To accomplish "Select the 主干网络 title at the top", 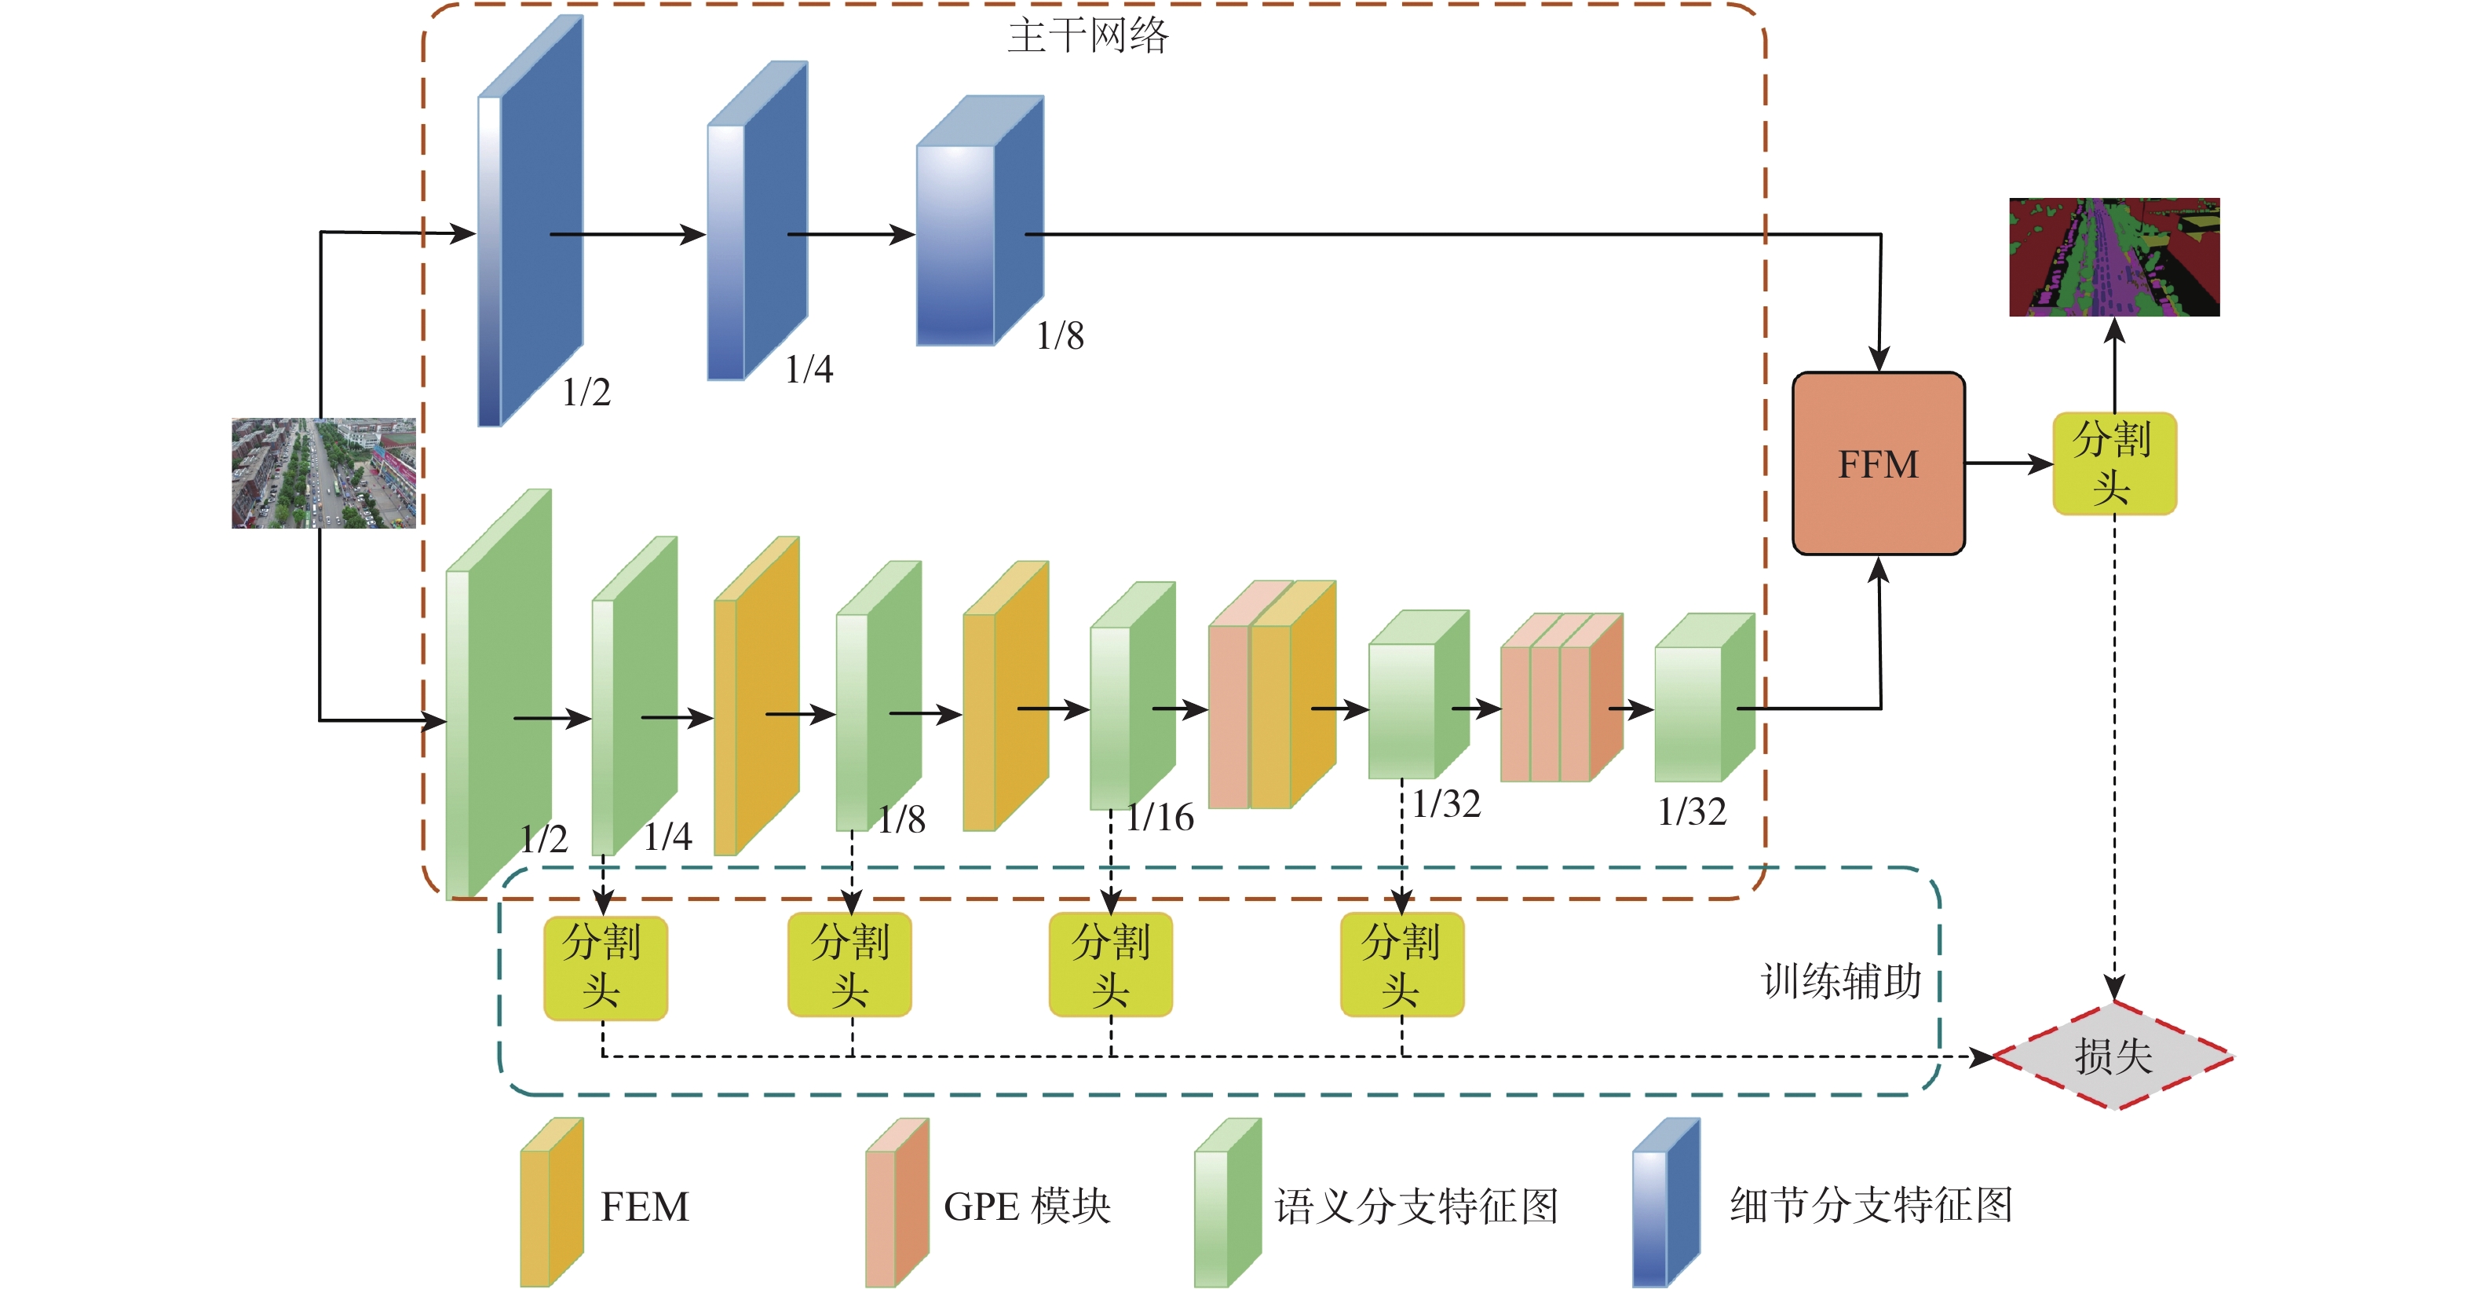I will pyautogui.click(x=1087, y=35).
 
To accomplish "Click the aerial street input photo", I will pyautogui.click(x=323, y=473).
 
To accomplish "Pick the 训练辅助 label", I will pyautogui.click(x=1840, y=980).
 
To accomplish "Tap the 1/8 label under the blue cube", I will pyautogui.click(x=1060, y=335).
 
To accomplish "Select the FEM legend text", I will pyautogui.click(x=645, y=1207).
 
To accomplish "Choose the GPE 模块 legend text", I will pyautogui.click(x=1026, y=1207).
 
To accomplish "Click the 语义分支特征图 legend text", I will pyautogui.click(x=1416, y=1207).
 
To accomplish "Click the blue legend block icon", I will pyautogui.click(x=1666, y=1203).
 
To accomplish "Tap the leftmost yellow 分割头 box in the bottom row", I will pyautogui.click(x=605, y=965).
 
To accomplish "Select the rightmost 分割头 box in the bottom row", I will pyautogui.click(x=1401, y=965).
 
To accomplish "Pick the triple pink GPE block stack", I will pyautogui.click(x=1560, y=698).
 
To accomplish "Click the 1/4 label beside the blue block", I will pyautogui.click(x=809, y=369).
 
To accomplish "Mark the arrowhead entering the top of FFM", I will pyautogui.click(x=1879, y=361).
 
